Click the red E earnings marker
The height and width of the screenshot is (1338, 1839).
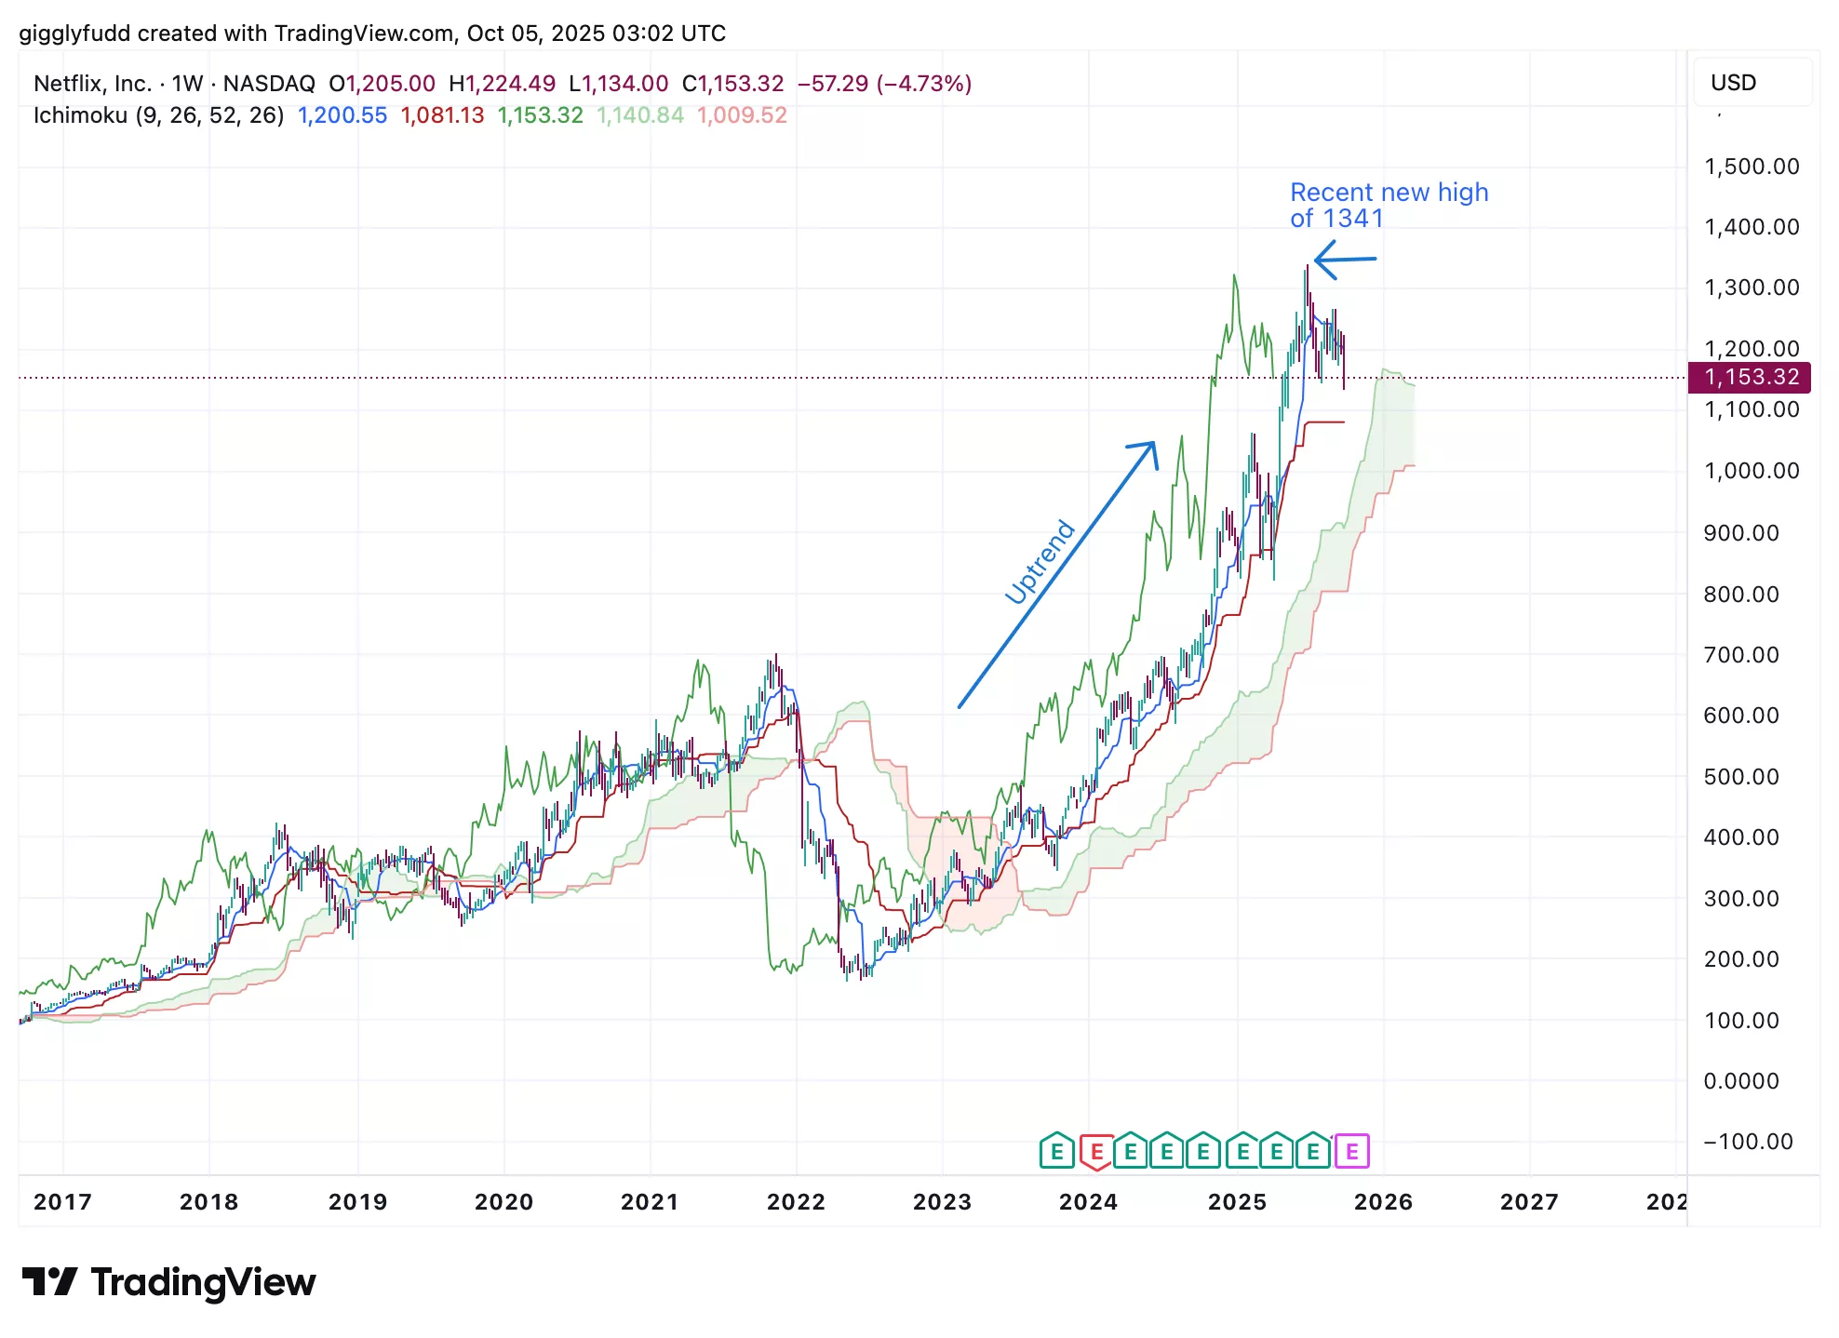(1096, 1152)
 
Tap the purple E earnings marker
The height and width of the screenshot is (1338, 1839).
(1351, 1152)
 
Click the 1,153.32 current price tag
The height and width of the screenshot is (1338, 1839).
(1750, 377)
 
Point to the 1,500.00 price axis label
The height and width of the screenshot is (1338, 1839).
(1752, 167)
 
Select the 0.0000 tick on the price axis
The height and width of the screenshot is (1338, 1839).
(1741, 1081)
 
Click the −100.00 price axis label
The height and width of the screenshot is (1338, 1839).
(1748, 1142)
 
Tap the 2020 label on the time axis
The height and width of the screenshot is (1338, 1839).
(503, 1202)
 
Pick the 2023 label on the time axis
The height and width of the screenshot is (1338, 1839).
(942, 1202)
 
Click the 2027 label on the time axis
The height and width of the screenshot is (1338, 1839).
(1529, 1202)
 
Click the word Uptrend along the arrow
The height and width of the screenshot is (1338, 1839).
(1040, 562)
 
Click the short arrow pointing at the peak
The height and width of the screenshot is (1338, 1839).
(1345, 260)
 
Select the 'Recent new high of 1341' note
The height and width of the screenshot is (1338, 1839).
(1389, 205)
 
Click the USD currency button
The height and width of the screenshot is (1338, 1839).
(1733, 83)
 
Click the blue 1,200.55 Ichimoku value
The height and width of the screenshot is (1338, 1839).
(342, 115)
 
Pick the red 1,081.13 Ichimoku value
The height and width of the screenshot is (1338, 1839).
(442, 115)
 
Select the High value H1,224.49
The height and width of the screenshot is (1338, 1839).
(502, 84)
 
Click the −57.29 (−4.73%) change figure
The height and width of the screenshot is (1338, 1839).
(884, 84)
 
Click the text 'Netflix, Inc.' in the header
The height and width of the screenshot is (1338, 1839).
(92, 84)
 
